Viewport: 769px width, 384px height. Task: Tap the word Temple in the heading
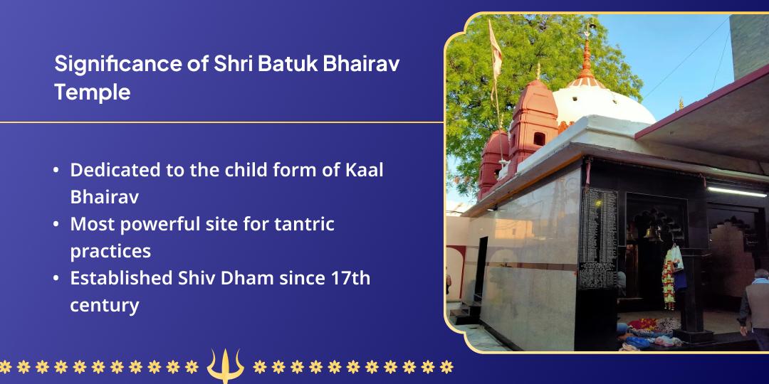coord(93,92)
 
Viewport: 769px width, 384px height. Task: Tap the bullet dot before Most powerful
coord(56,225)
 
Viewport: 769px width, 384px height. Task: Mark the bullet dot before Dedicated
coord(56,171)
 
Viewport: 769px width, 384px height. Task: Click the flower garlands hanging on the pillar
coord(670,277)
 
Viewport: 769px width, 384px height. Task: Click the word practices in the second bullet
coord(110,251)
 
